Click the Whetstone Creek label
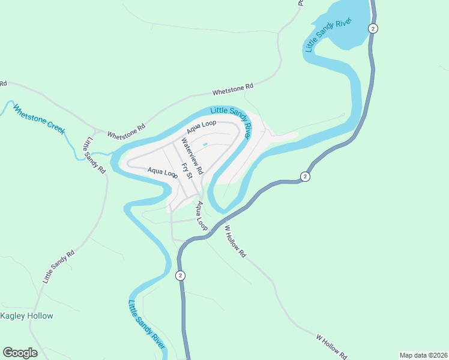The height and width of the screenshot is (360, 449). (38, 120)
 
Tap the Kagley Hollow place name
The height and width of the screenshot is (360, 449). (27, 316)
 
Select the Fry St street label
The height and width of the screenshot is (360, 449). (187, 171)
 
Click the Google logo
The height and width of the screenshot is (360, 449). (20, 353)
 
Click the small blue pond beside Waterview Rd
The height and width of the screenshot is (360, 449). (205, 144)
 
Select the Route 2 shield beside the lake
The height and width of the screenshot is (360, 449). (373, 28)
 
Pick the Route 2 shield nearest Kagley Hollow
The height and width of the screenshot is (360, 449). (180, 275)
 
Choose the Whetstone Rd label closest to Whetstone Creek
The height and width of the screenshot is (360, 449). (127, 131)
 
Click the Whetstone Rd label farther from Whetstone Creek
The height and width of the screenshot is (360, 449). (233, 90)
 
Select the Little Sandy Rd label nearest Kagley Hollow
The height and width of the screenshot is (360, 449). (58, 266)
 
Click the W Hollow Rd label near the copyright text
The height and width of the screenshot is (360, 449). (331, 347)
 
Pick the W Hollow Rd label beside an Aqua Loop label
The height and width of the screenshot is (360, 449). (235, 241)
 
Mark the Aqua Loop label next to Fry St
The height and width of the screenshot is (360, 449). (163, 173)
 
